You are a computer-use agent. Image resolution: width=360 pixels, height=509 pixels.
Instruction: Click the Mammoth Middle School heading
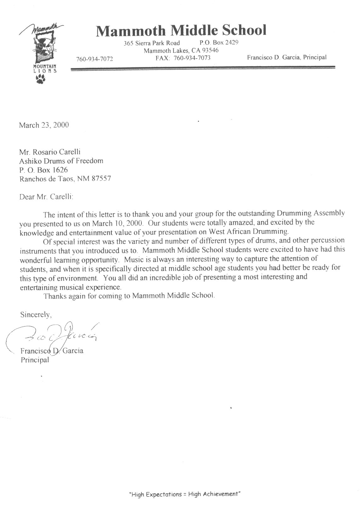pyautogui.click(x=181, y=31)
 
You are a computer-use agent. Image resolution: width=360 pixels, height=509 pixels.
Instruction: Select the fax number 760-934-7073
pyautogui.click(x=183, y=58)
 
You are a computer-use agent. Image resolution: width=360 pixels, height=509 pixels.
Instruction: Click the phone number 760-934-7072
pyautogui.click(x=94, y=59)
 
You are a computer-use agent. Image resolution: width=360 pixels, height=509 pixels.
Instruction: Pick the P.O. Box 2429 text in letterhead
pyautogui.click(x=219, y=42)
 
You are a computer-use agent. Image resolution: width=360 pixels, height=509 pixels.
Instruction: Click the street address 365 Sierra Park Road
pyautogui.click(x=152, y=43)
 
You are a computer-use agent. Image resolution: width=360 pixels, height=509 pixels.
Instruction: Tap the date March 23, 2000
pyautogui.click(x=44, y=125)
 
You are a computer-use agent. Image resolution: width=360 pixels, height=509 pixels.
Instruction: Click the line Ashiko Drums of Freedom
pyautogui.click(x=61, y=161)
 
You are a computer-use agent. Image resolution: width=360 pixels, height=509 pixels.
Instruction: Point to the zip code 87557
pyautogui.click(x=101, y=179)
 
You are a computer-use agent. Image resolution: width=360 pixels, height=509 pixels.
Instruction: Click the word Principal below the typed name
pyautogui.click(x=35, y=359)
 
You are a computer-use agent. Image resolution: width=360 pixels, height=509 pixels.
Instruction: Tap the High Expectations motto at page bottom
pyautogui.click(x=185, y=494)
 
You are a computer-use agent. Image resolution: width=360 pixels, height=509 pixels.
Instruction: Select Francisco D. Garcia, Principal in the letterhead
pyautogui.click(x=287, y=57)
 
